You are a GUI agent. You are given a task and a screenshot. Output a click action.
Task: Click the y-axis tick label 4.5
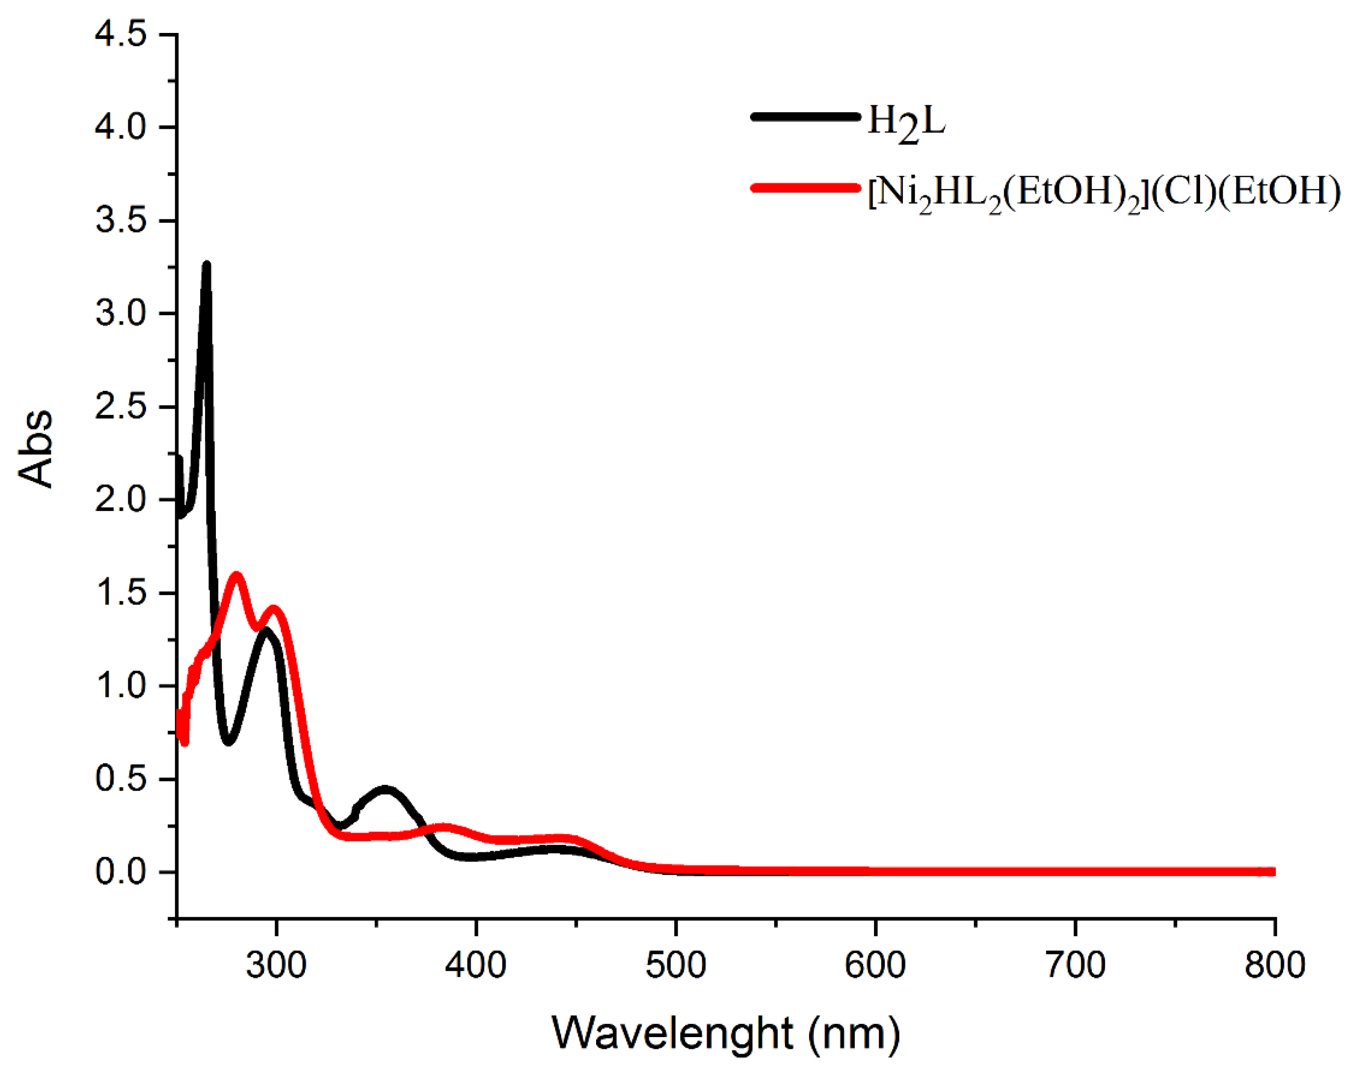(120, 34)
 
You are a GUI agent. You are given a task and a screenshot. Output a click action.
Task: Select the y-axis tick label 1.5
(120, 593)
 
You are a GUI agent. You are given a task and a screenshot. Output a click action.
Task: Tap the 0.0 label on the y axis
(120, 872)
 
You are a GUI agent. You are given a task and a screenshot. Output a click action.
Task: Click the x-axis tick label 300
(276, 965)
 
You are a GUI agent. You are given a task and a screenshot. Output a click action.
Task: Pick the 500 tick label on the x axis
(676, 965)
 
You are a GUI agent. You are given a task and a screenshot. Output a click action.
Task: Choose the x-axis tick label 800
(1275, 965)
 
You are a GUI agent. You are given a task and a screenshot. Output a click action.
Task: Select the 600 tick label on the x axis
(875, 965)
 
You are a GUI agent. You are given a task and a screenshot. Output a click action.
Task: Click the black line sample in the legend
(805, 117)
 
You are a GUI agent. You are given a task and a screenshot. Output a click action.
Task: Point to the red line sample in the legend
(805, 187)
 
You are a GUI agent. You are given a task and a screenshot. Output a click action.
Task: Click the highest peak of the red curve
(237, 575)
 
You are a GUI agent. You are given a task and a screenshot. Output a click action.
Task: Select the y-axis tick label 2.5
(120, 407)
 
